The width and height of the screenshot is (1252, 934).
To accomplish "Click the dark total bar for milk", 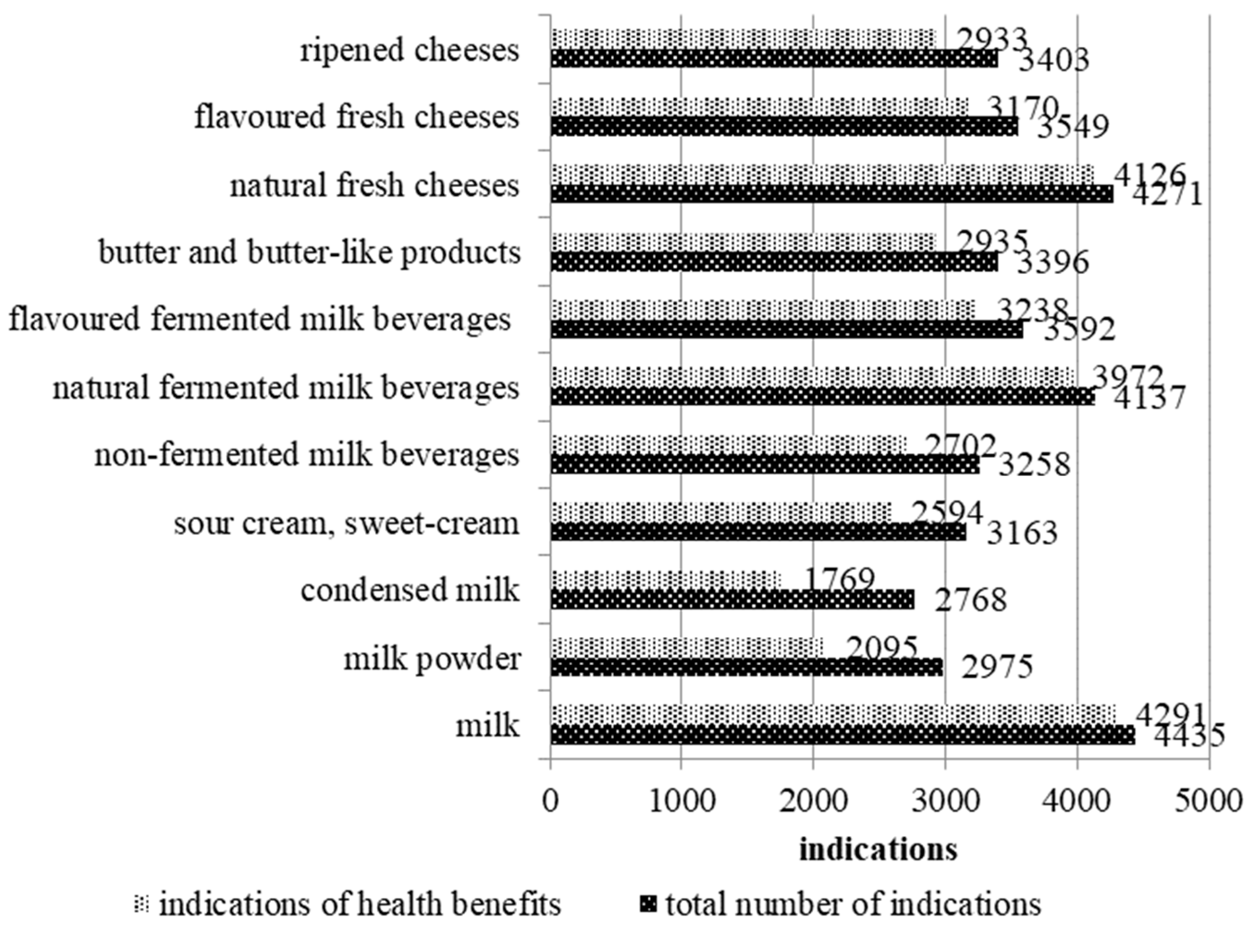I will coord(842,735).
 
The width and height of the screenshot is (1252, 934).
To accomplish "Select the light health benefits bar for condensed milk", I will coord(666,579).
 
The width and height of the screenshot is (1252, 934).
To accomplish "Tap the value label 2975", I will coord(997,667).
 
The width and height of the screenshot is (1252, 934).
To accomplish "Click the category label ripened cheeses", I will coord(410,51).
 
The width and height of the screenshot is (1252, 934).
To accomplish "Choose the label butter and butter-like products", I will coord(310,252).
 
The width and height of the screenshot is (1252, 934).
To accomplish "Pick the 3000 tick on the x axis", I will coord(945,801).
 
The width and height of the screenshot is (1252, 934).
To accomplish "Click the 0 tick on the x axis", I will coord(550,801).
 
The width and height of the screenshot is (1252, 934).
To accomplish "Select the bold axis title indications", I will coord(877,850).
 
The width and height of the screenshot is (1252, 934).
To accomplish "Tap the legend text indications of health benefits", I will coord(360,904).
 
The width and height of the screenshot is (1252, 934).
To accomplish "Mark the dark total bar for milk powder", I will coord(746,668).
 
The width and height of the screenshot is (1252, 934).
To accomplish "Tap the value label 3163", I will coord(1022,533).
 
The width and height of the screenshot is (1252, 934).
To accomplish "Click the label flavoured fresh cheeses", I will coord(357,117).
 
